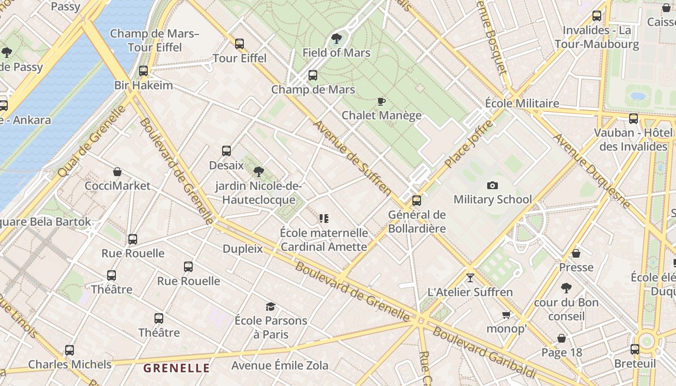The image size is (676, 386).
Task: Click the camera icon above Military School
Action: (x=493, y=185)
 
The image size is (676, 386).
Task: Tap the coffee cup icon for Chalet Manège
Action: (x=381, y=101)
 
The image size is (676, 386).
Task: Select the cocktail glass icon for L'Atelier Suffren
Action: (x=470, y=278)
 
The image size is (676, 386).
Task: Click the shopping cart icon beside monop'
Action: (x=506, y=315)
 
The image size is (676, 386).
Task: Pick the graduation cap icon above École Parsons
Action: (x=270, y=306)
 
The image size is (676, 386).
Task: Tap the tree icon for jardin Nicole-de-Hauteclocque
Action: (x=259, y=171)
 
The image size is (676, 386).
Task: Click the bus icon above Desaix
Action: (x=226, y=151)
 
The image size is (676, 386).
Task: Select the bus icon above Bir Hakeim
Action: (x=143, y=71)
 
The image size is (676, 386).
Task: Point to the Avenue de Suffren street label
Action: (x=352, y=158)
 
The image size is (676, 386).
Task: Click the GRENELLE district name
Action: (x=177, y=368)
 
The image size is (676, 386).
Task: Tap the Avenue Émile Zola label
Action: (x=280, y=365)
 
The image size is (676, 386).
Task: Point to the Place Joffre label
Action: (x=468, y=144)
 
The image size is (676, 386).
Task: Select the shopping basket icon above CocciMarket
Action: (x=117, y=172)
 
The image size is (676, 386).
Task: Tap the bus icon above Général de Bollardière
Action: (x=417, y=201)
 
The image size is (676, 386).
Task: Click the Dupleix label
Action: (x=242, y=249)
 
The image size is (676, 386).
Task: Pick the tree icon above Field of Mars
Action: (x=337, y=39)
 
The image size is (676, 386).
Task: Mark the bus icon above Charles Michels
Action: (x=70, y=350)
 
